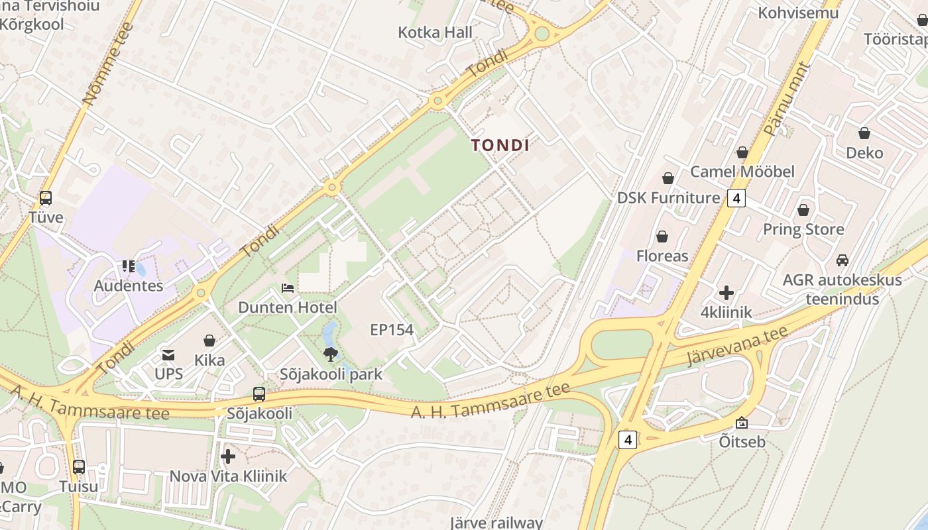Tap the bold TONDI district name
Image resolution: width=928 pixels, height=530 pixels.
(500, 145)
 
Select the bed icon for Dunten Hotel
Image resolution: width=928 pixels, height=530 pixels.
(288, 288)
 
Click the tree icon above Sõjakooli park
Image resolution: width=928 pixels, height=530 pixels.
(329, 354)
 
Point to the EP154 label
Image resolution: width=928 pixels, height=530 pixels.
(392, 329)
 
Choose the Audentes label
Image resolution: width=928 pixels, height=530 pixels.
(129, 286)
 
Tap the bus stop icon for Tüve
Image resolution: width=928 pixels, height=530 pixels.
(46, 197)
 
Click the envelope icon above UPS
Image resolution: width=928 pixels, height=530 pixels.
(168, 354)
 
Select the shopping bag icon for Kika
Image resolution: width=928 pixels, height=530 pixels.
(209, 341)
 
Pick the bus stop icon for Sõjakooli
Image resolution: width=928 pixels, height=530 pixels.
(259, 394)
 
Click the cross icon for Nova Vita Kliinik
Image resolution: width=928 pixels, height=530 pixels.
(228, 456)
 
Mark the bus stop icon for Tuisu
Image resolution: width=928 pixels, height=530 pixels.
(79, 466)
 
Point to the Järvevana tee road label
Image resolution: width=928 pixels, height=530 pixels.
(737, 346)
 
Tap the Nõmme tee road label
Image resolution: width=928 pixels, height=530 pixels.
(109, 64)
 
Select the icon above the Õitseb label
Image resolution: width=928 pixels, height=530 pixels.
(742, 422)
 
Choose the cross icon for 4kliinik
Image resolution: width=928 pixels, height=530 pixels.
(726, 292)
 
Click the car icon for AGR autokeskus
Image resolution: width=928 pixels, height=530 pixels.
(842, 260)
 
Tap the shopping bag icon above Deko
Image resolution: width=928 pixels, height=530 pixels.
(864, 133)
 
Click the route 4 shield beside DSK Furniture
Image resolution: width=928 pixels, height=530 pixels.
(736, 197)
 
